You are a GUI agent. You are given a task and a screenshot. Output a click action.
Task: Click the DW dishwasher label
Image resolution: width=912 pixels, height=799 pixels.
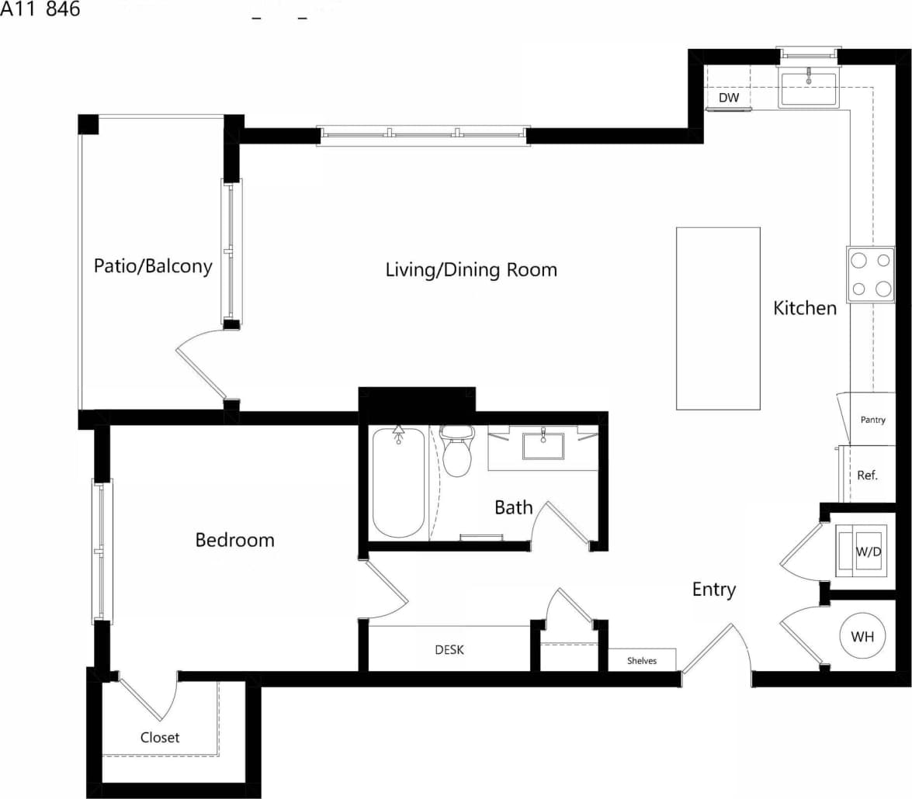[x=728, y=99]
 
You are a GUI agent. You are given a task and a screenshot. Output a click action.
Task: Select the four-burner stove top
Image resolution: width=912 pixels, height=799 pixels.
[x=871, y=275]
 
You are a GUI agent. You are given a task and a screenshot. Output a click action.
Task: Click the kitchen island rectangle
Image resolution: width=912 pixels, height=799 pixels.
[x=718, y=318]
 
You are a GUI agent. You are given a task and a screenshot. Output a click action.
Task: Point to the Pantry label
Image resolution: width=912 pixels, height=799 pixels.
[x=873, y=420]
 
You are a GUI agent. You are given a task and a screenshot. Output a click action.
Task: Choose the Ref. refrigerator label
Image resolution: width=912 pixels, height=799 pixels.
[x=868, y=476]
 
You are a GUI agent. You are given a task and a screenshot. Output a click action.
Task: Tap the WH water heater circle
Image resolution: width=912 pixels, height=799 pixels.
[x=862, y=637]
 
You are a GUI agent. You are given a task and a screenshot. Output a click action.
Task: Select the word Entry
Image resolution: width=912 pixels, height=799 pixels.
[x=713, y=590]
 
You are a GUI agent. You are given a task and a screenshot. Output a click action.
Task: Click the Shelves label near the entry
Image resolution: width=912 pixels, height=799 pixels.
[x=642, y=661]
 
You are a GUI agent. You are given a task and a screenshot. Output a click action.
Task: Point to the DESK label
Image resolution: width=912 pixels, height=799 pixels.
[x=449, y=650]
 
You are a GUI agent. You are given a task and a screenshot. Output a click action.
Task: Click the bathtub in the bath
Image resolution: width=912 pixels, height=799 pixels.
[x=399, y=483]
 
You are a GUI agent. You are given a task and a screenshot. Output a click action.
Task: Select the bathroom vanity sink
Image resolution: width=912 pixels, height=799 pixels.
[x=543, y=446]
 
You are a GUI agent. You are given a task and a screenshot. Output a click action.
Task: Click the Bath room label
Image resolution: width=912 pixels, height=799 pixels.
[x=514, y=507]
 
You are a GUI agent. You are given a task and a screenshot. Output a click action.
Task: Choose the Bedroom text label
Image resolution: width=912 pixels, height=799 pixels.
[x=234, y=540]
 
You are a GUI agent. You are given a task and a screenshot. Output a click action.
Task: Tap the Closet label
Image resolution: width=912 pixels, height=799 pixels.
[x=160, y=737]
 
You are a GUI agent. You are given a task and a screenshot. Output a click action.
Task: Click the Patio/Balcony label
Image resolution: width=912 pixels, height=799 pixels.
[x=153, y=266]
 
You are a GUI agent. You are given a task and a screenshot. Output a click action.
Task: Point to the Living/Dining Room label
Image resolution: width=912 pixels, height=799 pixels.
[x=471, y=270]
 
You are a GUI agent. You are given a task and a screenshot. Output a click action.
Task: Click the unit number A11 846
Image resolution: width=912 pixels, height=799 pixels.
[x=40, y=10]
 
